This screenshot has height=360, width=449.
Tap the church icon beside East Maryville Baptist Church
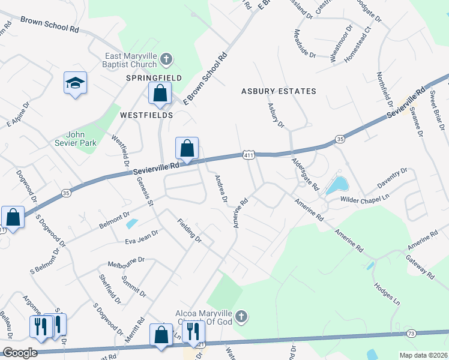166,59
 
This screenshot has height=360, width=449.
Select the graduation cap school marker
76,83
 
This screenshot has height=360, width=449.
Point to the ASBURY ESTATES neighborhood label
279,91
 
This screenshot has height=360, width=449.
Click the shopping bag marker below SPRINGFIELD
160,94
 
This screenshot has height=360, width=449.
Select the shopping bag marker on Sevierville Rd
187,148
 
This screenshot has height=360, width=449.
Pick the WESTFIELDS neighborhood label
146,115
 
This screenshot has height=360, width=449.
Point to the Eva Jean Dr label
141,236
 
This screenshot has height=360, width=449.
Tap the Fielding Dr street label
189,230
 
